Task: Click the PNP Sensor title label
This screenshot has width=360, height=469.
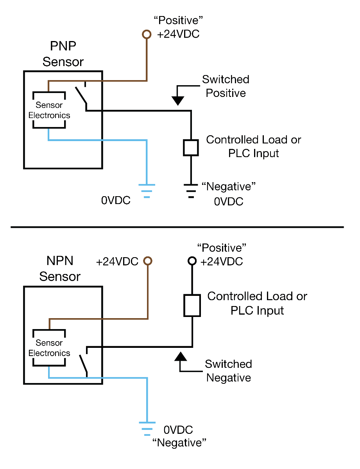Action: [x=63, y=54]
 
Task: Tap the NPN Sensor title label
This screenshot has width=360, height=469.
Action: [x=60, y=269]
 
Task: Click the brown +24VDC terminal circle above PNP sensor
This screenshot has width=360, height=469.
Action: [x=147, y=35]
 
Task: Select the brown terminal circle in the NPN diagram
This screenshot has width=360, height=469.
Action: [x=148, y=261]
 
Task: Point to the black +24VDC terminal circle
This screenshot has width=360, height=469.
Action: [x=192, y=261]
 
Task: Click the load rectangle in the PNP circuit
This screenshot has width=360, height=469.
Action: [x=191, y=147]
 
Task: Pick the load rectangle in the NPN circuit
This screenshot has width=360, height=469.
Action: [x=192, y=305]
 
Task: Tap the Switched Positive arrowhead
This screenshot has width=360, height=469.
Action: [x=178, y=101]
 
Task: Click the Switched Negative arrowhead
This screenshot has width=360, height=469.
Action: [x=180, y=356]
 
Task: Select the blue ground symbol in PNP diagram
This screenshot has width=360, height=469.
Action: [x=147, y=191]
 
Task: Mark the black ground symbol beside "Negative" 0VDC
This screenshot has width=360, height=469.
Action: [x=191, y=191]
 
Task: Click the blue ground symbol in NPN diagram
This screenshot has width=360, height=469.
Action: [x=147, y=428]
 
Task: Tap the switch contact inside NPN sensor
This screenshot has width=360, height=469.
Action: [x=83, y=364]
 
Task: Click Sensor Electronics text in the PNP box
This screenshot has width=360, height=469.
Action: [x=49, y=110]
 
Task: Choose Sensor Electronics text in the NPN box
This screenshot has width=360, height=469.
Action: [x=49, y=348]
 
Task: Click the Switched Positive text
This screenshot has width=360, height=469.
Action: [x=226, y=86]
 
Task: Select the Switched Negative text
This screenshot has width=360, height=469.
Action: [x=229, y=371]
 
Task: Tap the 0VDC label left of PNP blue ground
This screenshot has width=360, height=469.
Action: [x=116, y=200]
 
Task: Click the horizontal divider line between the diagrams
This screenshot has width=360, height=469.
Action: [x=177, y=227]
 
